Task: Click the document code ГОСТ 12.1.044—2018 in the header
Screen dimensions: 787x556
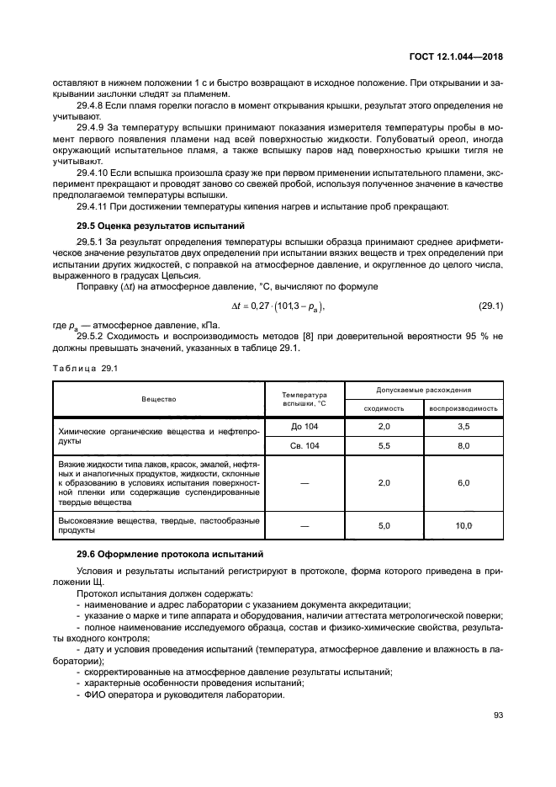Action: [x=455, y=57]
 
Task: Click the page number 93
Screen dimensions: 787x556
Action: [x=497, y=715]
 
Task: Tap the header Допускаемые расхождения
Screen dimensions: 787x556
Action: [x=424, y=391]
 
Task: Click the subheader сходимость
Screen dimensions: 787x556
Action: [x=384, y=408]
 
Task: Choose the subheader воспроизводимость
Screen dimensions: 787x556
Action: [x=463, y=408]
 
